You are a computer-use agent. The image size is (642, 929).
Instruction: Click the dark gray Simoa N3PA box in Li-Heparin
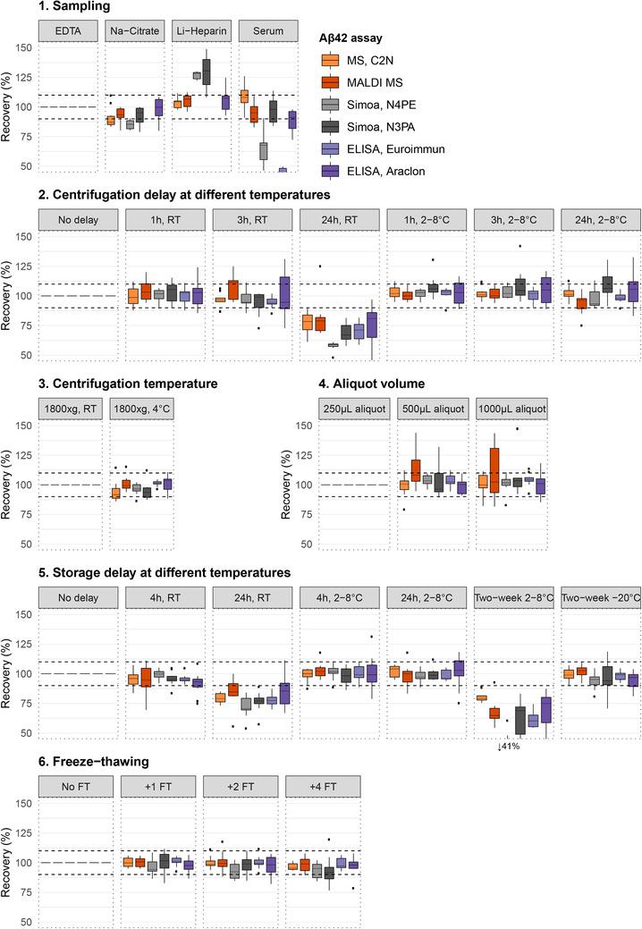[206, 71]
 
